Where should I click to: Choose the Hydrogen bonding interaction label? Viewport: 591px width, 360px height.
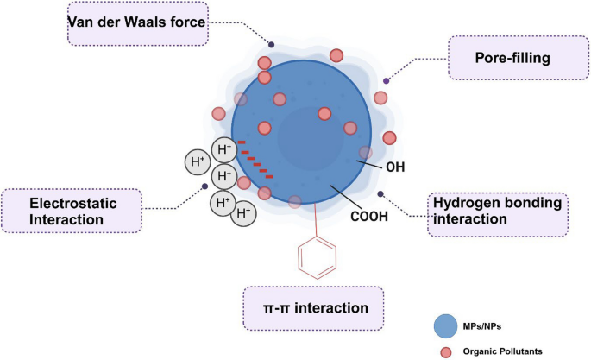tap(498, 212)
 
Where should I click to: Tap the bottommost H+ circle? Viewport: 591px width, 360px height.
tap(243, 212)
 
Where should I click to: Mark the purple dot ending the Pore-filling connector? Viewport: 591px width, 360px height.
tap(387, 81)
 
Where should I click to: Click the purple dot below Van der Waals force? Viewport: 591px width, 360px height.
tap(272, 44)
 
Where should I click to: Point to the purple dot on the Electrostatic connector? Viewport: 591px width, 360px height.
tap(204, 186)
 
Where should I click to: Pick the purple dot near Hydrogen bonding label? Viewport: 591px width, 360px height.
tap(380, 193)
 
